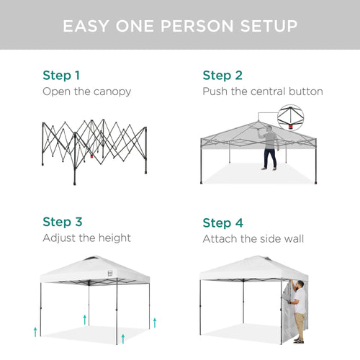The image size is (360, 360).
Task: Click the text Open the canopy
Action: tap(86, 91)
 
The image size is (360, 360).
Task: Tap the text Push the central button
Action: tap(262, 91)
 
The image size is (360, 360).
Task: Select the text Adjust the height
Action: tap(86, 238)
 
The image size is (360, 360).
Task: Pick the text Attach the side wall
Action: tap(253, 238)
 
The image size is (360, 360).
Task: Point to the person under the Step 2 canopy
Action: tap(270, 148)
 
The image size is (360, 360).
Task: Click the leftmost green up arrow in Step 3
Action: tap(35, 331)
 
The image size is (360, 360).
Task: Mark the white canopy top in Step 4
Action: tap(251, 268)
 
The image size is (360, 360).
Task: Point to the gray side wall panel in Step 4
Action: tap(288, 313)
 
